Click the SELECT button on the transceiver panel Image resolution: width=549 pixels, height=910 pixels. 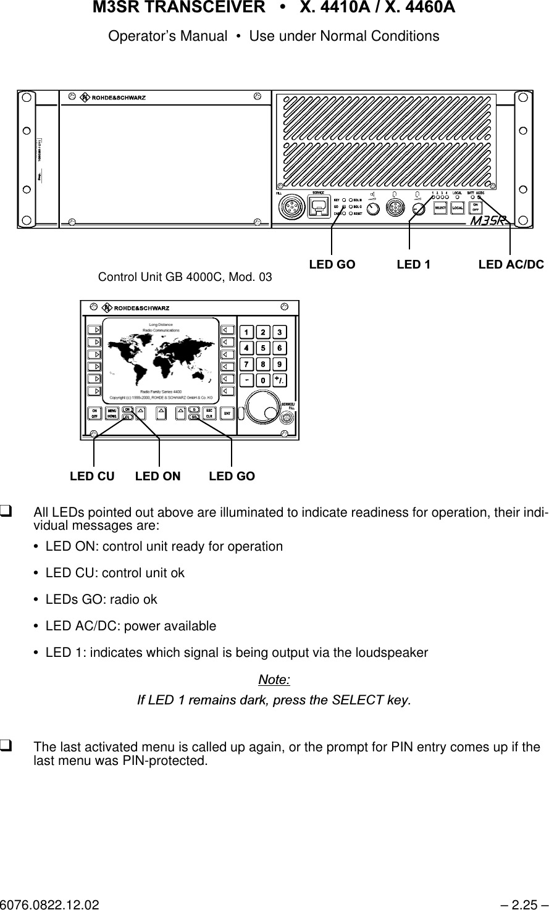pyautogui.click(x=440, y=208)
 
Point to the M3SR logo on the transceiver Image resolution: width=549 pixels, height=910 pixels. pyautogui.click(x=488, y=221)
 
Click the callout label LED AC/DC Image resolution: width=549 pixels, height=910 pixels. pyautogui.click(x=511, y=265)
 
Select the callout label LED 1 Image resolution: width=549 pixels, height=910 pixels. pyautogui.click(x=413, y=265)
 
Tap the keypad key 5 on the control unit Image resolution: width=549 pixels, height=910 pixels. pyautogui.click(x=263, y=348)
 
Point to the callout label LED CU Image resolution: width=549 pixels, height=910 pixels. pyautogui.click(x=92, y=477)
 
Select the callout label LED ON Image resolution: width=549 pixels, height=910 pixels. pyautogui.click(x=158, y=477)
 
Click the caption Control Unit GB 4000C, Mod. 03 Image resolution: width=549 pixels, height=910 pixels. pyautogui.click(x=185, y=277)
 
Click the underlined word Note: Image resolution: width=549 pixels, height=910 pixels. pyautogui.click(x=274, y=680)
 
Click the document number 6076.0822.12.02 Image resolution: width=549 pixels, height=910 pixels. pyautogui.click(x=49, y=904)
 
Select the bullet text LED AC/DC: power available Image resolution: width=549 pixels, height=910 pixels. pyautogui.click(x=131, y=626)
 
